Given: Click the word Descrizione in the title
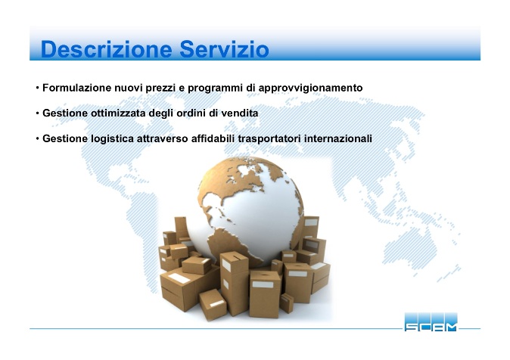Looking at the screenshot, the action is [107, 49].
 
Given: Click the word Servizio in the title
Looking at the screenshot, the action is [224, 49].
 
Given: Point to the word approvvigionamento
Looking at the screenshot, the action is [311, 88].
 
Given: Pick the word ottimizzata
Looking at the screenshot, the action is [118, 113].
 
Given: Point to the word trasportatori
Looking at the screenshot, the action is [269, 139].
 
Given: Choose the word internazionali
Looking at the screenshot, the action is [338, 138].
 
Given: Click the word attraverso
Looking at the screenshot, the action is [162, 139].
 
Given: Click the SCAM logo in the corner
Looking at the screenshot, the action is [431, 322].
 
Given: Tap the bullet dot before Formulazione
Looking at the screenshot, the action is [38, 88].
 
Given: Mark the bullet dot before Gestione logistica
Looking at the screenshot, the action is [38, 139].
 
